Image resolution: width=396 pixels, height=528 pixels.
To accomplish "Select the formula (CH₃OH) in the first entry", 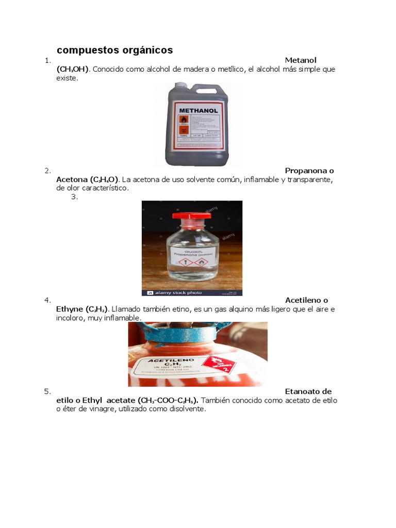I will pos(73,69).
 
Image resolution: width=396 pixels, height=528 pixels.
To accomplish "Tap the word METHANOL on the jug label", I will pos(198,110).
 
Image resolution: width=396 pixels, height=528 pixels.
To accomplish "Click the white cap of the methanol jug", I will pos(181,87).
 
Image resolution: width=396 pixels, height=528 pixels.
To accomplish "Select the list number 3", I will pos(74,196).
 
